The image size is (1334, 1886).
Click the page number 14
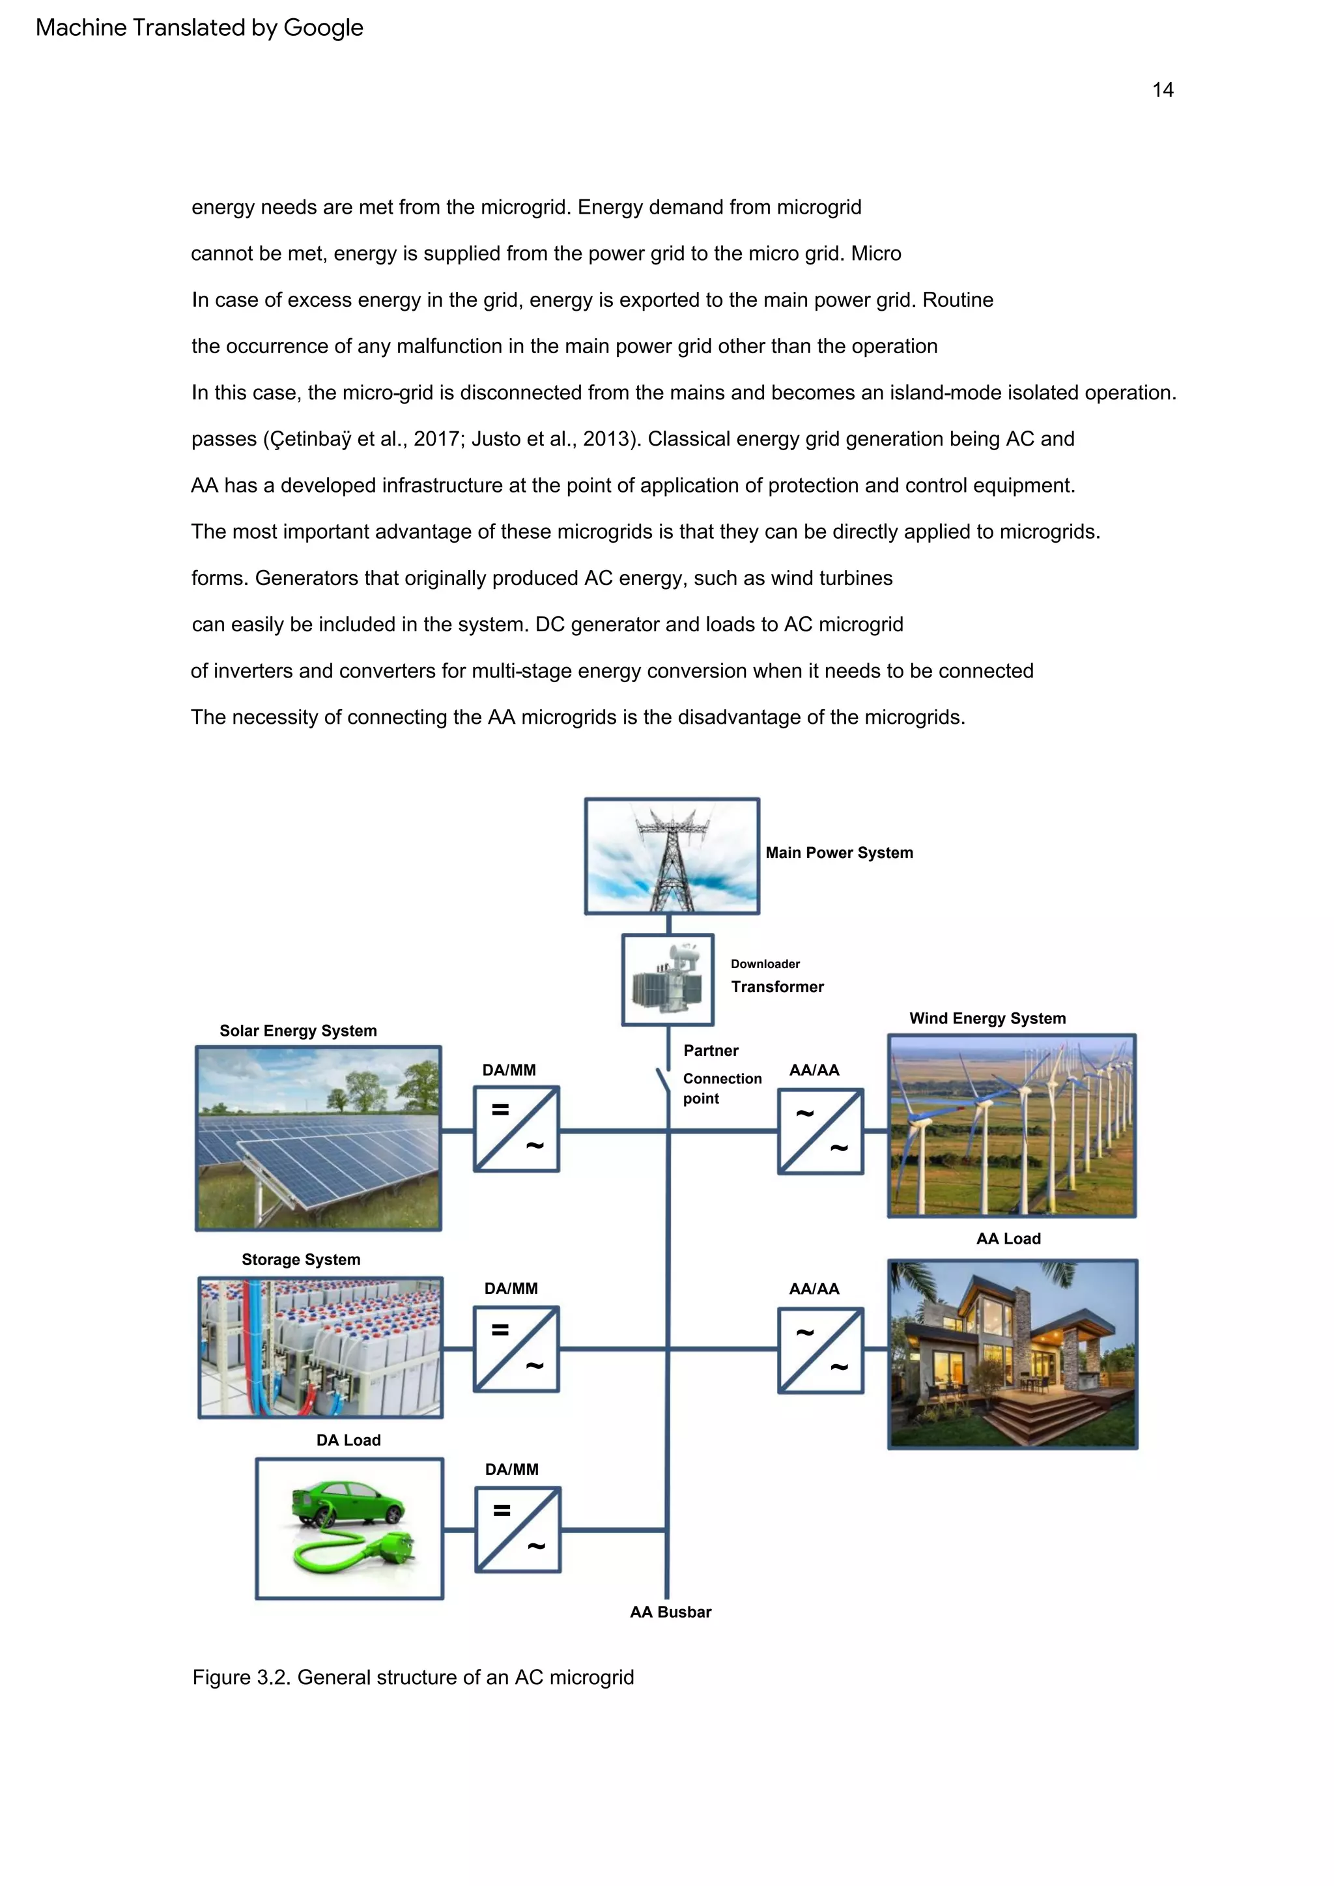1162,91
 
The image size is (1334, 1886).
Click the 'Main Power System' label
839,853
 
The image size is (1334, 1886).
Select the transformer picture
667,979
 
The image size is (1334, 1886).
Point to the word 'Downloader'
765,964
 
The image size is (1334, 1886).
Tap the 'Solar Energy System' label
298,1031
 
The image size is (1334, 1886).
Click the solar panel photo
318,1137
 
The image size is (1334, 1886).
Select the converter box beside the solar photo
516,1128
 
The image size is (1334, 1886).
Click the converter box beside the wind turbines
820,1131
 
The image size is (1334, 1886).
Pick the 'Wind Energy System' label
987,1019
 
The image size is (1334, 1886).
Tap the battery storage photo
320,1347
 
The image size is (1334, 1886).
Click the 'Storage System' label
301,1259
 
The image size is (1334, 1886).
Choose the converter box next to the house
820,1350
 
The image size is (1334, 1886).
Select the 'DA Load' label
348,1440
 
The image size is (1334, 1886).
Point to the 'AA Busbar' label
670,1612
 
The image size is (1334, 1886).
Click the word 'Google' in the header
323,28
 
